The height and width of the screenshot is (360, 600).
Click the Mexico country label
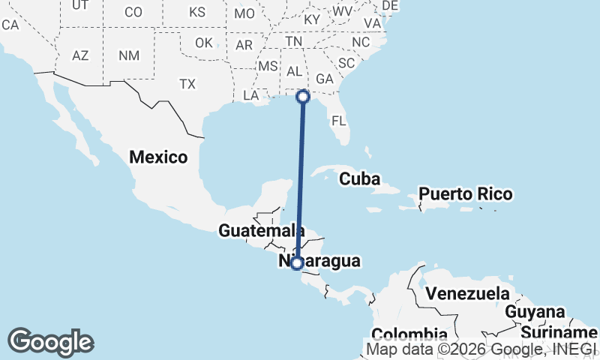pyautogui.click(x=157, y=157)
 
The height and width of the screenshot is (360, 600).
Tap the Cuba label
pyautogui.click(x=361, y=179)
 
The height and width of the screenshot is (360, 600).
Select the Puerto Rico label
pyautogui.click(x=465, y=194)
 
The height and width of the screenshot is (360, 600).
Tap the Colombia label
pyautogui.click(x=409, y=334)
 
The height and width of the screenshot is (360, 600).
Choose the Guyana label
pyautogui.click(x=535, y=311)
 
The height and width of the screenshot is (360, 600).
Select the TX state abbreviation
pyautogui.click(x=187, y=85)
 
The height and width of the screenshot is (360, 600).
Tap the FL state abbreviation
pyautogui.click(x=339, y=121)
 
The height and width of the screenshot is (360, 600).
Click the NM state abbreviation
pyautogui.click(x=128, y=55)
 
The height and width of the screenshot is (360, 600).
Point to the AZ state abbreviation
pyautogui.click(x=80, y=55)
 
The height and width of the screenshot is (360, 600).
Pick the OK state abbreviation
pyautogui.click(x=204, y=43)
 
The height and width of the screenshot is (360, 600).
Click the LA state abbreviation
pyautogui.click(x=251, y=96)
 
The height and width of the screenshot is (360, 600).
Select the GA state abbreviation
pyautogui.click(x=325, y=79)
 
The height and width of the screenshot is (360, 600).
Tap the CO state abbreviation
pyautogui.click(x=133, y=12)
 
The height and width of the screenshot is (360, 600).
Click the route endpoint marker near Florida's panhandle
pyautogui.click(x=303, y=96)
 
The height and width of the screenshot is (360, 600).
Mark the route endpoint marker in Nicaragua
pyautogui.click(x=297, y=263)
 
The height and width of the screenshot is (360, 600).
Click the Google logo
pyautogui.click(x=50, y=342)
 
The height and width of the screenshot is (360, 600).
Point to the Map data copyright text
pyautogui.click(x=480, y=349)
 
